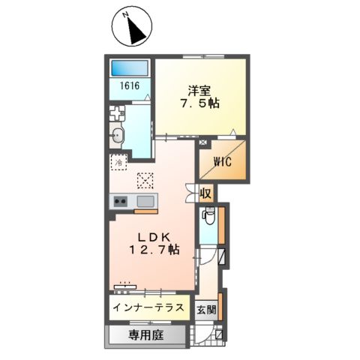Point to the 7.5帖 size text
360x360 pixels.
coord(199,103)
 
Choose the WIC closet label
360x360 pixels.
coord(222,160)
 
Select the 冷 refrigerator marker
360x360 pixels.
coord(119,160)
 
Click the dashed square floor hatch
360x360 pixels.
coord(145,181)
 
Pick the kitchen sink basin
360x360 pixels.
coord(145,201)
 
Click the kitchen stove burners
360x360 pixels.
coord(121,201)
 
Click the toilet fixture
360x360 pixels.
coord(208,218)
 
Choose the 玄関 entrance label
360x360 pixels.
coord(206,310)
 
